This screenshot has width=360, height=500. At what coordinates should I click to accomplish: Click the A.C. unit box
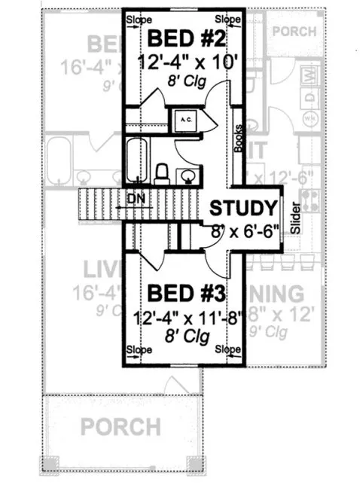(185, 119)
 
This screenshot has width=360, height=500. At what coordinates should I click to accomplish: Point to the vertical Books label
(238, 138)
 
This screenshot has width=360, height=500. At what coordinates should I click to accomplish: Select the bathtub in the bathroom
(136, 160)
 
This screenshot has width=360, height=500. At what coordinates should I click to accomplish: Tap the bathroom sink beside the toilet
(187, 176)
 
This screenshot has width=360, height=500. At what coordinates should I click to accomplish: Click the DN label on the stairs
(136, 199)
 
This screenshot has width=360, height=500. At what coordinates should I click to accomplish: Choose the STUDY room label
(243, 208)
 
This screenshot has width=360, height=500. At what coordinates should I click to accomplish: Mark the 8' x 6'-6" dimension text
(243, 228)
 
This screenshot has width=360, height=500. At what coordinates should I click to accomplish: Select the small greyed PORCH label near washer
(295, 31)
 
